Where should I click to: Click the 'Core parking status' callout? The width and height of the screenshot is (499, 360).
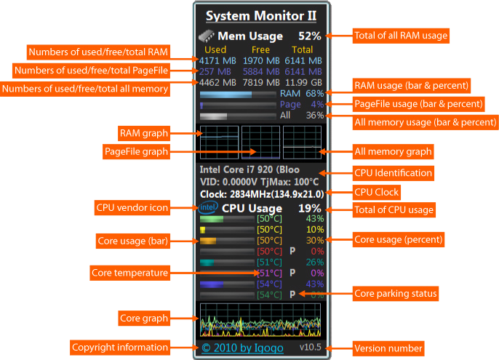click(395, 294)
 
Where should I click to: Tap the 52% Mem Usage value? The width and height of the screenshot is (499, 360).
click(309, 36)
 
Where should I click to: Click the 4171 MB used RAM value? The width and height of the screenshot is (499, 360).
click(217, 60)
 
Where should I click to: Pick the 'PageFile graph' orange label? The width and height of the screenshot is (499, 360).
click(136, 152)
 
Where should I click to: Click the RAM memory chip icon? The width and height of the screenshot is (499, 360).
click(207, 36)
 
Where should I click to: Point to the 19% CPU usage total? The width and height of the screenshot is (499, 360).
click(310, 209)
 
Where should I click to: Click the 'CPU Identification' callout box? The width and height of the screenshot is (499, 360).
click(394, 173)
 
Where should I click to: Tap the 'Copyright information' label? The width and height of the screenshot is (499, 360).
click(120, 347)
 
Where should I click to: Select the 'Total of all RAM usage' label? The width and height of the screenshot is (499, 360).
click(401, 35)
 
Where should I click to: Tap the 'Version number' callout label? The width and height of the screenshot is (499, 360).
click(388, 348)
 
